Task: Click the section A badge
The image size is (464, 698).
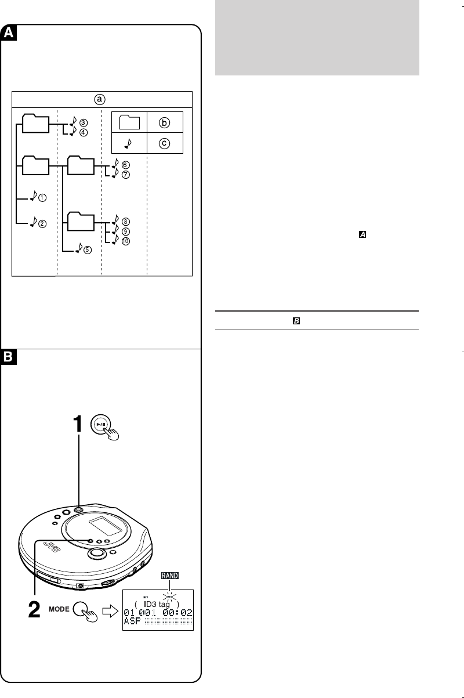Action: pyautogui.click(x=9, y=34)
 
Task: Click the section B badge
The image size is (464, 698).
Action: pyautogui.click(x=9, y=358)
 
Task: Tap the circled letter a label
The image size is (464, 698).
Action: pyautogui.click(x=101, y=99)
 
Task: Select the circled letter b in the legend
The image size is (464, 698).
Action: pyautogui.click(x=165, y=122)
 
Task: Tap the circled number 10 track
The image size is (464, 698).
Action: pyautogui.click(x=126, y=240)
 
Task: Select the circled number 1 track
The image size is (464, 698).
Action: pyautogui.click(x=43, y=198)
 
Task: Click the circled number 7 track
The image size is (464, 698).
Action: pyautogui.click(x=126, y=174)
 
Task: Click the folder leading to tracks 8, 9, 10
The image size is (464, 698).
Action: pyautogui.click(x=81, y=221)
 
